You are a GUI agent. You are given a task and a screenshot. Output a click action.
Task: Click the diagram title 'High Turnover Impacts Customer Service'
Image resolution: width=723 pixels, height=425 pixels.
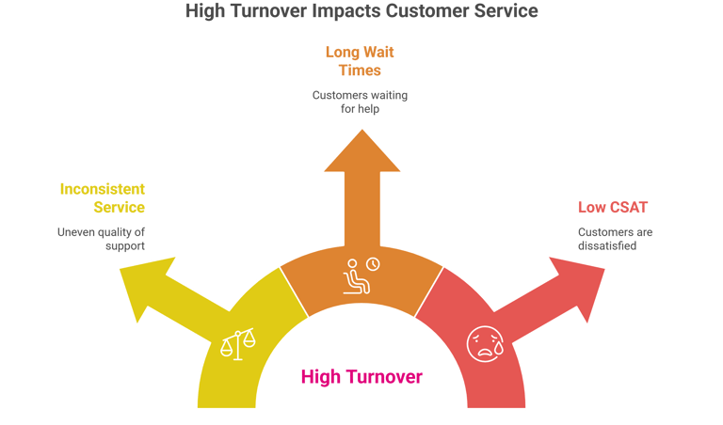[x=361, y=11]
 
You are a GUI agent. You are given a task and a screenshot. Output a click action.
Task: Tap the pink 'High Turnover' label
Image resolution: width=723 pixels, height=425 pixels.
[x=361, y=377]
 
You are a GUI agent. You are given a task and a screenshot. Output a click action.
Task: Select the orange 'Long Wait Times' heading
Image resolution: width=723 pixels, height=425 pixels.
[x=360, y=62]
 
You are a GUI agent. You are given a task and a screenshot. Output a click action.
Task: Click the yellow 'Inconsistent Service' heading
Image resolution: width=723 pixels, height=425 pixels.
[x=103, y=198]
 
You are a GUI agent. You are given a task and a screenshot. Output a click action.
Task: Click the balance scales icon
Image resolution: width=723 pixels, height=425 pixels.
[x=237, y=344]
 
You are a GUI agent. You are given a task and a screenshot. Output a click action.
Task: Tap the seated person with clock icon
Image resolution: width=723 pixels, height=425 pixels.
[x=360, y=275]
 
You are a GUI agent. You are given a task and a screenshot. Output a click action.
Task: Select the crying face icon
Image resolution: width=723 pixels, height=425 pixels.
[x=483, y=343]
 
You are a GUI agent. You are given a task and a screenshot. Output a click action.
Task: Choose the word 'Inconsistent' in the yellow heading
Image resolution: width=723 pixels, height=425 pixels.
[x=103, y=189]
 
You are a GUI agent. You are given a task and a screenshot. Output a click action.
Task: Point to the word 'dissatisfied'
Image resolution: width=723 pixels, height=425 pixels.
[x=607, y=245]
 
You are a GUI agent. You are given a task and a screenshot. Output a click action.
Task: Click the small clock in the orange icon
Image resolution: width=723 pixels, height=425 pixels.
[x=373, y=264]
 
